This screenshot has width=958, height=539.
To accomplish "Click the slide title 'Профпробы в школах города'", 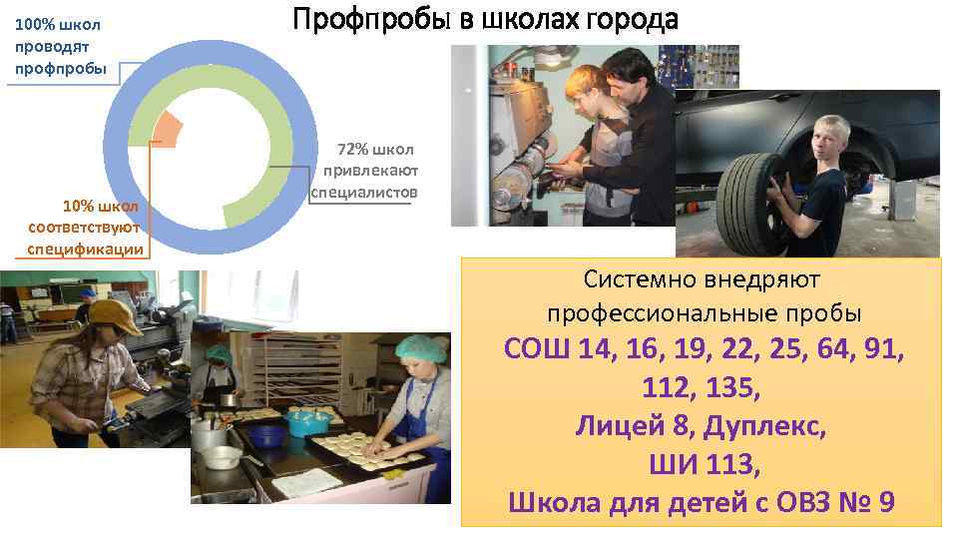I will [x=485, y=20].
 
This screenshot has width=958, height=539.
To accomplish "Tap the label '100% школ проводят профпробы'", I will [x=58, y=46].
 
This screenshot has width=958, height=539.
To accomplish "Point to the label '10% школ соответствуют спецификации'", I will [x=86, y=228].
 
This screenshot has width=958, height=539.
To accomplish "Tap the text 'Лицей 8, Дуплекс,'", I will [x=702, y=426].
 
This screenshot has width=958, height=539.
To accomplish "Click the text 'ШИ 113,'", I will [x=702, y=464].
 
